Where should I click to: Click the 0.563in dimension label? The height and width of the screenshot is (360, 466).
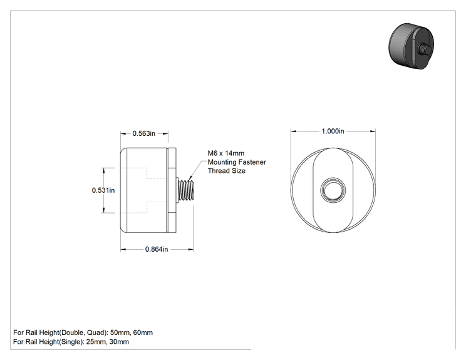point(144,133)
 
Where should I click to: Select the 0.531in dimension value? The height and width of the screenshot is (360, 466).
point(103,190)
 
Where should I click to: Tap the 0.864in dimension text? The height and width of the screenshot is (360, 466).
point(157,249)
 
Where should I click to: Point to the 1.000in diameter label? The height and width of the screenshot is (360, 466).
point(333,131)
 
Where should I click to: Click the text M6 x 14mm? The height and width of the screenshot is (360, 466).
point(226,153)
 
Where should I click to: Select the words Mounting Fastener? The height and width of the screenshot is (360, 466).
point(237,162)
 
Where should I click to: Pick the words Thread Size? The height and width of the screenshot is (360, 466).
point(227,171)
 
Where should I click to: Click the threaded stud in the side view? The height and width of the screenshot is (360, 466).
point(186,190)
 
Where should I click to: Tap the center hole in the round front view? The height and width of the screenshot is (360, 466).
point(333,190)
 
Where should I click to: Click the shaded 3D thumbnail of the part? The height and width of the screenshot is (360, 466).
point(412,46)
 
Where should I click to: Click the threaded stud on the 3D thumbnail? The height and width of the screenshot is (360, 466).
point(424,49)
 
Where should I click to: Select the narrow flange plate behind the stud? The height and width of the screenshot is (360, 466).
point(172,190)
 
